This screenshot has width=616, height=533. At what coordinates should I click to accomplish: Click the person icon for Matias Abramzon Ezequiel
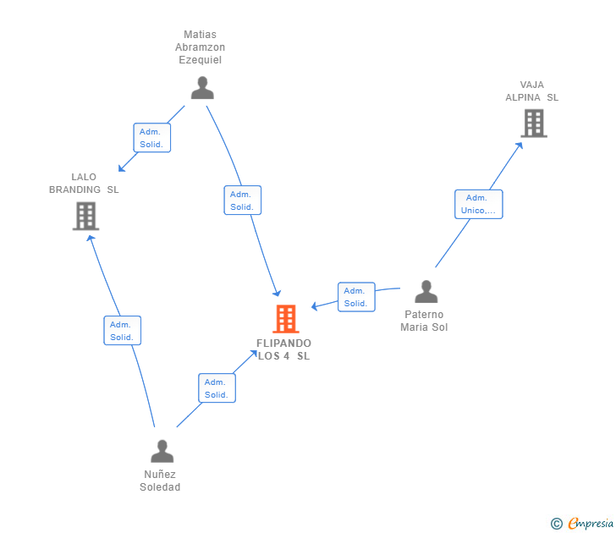[x=202, y=88]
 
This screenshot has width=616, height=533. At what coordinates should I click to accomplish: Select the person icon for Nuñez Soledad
[x=162, y=451]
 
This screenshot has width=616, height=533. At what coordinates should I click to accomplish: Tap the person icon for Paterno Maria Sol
[x=426, y=292]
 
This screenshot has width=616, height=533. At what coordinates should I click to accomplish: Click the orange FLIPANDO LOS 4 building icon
[x=286, y=319]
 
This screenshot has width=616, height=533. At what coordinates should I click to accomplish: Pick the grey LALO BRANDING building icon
[x=85, y=217]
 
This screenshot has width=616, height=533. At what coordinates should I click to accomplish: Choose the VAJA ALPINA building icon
[x=533, y=124]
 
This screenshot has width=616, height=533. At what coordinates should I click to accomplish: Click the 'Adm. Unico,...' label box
[x=479, y=204]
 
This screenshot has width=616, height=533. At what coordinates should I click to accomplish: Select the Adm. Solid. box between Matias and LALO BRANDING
[x=152, y=138]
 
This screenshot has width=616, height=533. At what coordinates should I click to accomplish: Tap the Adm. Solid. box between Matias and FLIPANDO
[x=243, y=201]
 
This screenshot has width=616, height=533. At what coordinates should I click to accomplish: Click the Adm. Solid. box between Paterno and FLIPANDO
[x=355, y=297]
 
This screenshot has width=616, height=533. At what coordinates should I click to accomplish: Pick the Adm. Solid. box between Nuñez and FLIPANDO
[x=217, y=388]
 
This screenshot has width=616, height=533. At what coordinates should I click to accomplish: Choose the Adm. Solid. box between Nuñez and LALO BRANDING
[x=122, y=331]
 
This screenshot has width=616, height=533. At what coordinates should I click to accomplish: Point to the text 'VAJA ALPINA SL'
[x=532, y=91]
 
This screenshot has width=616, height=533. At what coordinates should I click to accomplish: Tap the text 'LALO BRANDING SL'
[x=84, y=184]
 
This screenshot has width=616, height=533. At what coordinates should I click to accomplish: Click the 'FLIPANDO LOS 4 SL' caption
[x=284, y=349]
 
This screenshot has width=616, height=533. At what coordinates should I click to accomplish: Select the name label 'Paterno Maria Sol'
[x=425, y=321]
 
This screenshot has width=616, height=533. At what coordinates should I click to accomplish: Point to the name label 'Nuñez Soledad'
[x=161, y=481]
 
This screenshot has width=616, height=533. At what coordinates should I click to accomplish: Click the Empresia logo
[x=590, y=524]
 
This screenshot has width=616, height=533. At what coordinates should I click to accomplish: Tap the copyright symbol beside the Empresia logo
[x=557, y=524]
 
